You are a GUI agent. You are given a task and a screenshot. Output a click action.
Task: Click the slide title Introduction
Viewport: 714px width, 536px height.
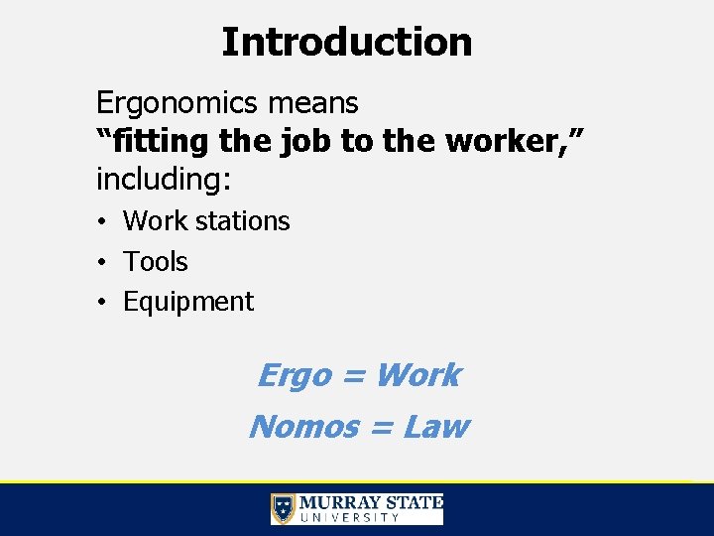pyautogui.click(x=346, y=43)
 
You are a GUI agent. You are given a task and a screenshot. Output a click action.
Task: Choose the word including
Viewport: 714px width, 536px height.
pyautogui.click(x=162, y=180)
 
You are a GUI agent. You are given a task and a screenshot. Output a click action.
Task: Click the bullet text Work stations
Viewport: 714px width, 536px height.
pyautogui.click(x=206, y=221)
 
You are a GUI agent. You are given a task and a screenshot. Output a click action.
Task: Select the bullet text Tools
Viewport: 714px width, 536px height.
pyautogui.click(x=155, y=262)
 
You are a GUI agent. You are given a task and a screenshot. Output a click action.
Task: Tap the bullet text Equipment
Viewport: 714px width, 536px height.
pyautogui.click(x=188, y=302)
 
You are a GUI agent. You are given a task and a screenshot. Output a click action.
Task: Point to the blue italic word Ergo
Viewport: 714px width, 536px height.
pyautogui.click(x=294, y=375)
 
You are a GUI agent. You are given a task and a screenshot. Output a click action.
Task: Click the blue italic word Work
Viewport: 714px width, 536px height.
pyautogui.click(x=417, y=375)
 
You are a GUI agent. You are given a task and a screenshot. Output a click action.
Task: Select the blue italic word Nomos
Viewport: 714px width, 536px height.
pyautogui.click(x=303, y=427)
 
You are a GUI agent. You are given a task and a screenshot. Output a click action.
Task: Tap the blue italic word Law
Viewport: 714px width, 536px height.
pyautogui.click(x=435, y=427)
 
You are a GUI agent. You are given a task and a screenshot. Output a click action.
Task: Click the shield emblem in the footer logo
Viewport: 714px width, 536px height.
pyautogui.click(x=284, y=509)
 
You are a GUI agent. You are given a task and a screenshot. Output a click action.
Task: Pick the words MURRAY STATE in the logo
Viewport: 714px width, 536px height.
pyautogui.click(x=371, y=502)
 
